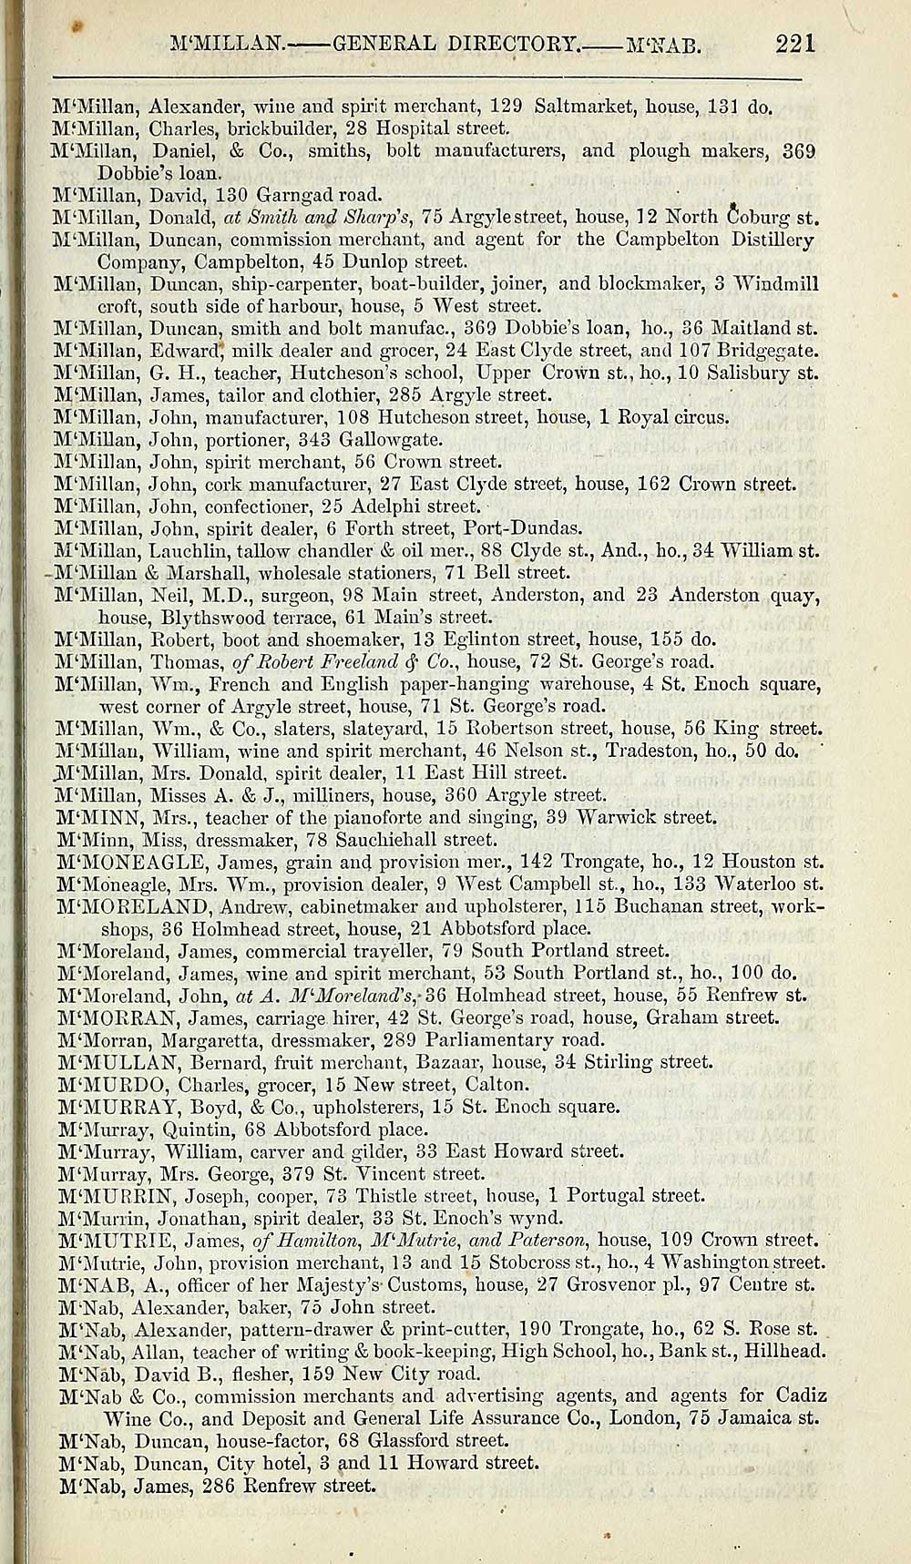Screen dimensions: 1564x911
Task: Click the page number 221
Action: [x=795, y=43]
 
